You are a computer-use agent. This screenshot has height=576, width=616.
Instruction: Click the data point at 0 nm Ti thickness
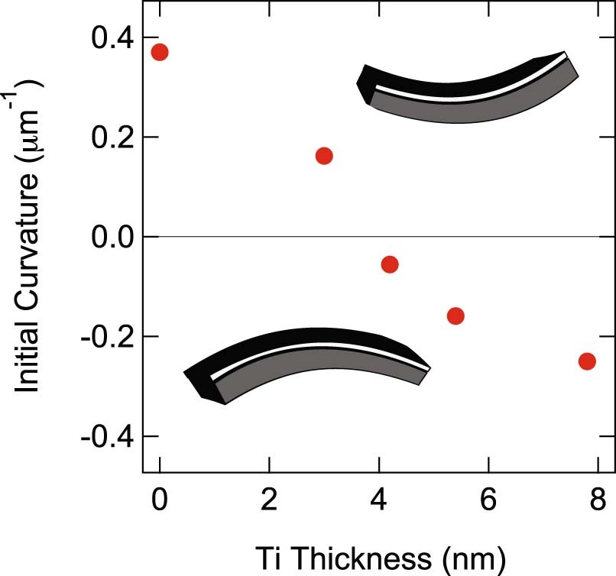tap(160, 52)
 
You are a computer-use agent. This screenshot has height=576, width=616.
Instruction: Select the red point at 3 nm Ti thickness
tap(323, 156)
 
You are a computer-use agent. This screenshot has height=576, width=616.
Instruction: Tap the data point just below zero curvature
tap(390, 264)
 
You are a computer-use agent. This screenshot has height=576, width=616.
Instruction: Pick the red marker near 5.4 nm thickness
tap(456, 316)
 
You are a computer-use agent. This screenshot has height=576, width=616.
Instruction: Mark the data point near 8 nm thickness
tap(587, 361)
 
